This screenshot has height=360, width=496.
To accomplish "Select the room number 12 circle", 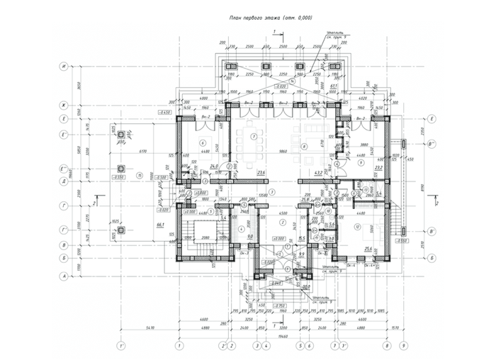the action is (x=359, y=226).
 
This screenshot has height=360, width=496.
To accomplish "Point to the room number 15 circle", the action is (x=140, y=174).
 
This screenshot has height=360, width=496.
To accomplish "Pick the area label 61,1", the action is (x=333, y=86).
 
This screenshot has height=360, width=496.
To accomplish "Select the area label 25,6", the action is (x=368, y=249).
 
